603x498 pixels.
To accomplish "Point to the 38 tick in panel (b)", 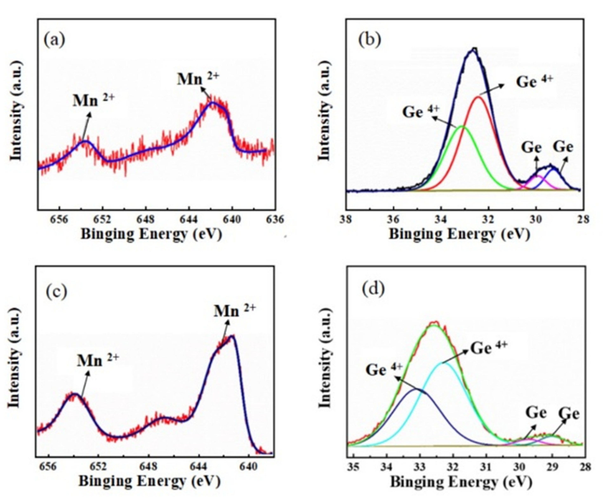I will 346,219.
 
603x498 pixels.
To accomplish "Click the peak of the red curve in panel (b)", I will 479,97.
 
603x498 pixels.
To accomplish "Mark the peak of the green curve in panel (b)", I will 462,126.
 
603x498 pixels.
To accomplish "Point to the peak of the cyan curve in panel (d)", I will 445,363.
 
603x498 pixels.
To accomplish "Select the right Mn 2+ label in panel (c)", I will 234,311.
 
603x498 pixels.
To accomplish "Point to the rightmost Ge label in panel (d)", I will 569,414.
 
